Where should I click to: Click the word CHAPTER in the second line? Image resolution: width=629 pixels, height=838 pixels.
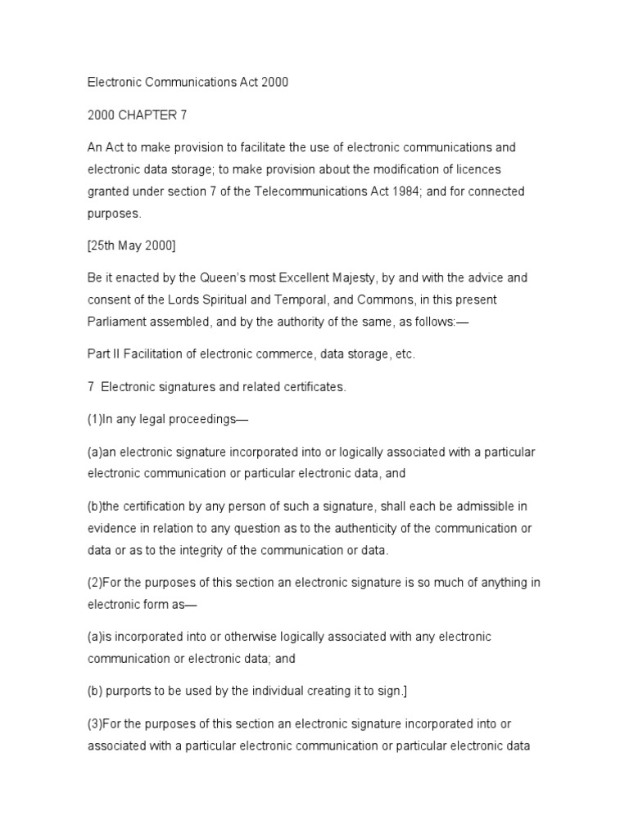[147, 115]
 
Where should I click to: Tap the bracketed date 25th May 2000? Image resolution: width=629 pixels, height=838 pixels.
[132, 245]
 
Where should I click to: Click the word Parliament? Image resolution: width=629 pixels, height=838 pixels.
[115, 321]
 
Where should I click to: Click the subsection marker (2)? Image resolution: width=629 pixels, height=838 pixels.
[96, 583]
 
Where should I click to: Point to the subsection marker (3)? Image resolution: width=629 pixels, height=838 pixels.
[96, 724]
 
